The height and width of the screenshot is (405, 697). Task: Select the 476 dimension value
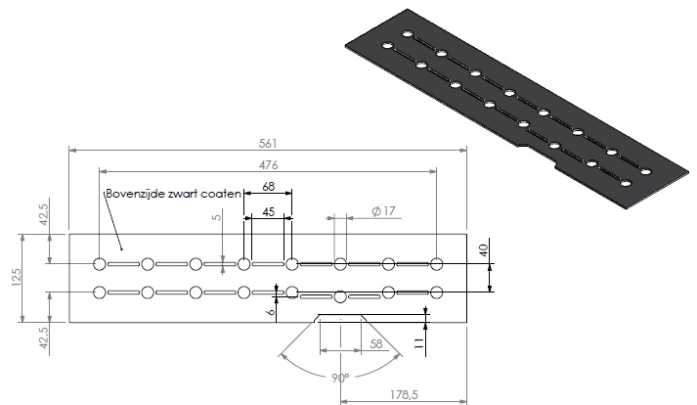(269, 163)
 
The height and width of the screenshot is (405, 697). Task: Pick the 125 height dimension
(15, 279)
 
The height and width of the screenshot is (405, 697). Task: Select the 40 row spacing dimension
(482, 251)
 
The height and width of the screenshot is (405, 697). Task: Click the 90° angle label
(339, 377)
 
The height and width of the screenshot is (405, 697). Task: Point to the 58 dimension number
(375, 343)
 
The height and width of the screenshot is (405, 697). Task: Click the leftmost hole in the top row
(100, 263)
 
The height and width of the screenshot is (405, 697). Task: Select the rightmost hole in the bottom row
(437, 292)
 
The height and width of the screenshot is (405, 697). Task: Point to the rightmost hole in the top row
(437, 263)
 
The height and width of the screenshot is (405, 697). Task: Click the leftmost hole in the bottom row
(100, 292)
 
